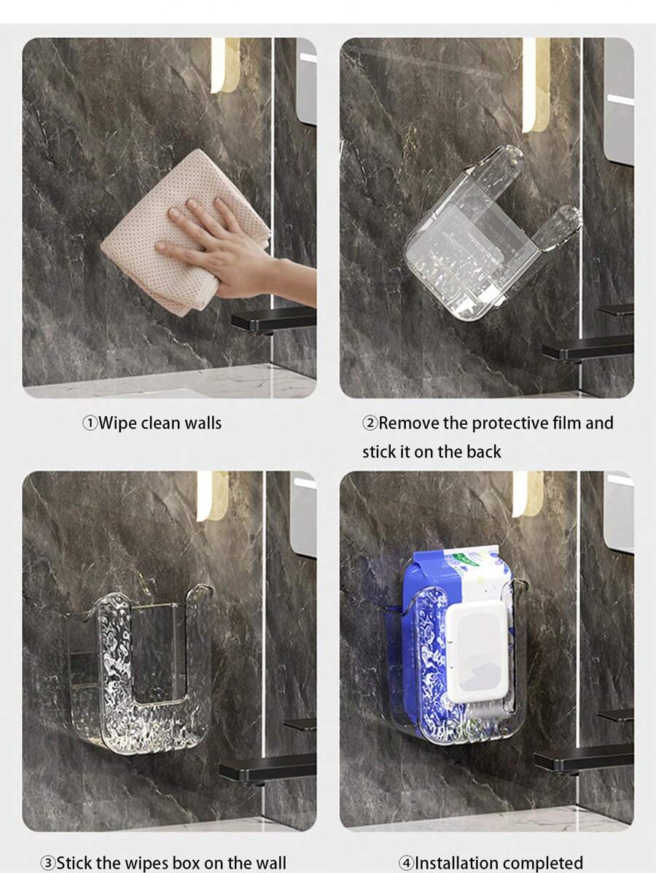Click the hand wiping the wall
[x=219, y=244]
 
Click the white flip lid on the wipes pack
[x=477, y=641]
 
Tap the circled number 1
[x=89, y=423]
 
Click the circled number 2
[x=370, y=423]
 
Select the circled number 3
[x=47, y=864]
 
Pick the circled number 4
[x=406, y=864]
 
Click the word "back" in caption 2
[x=484, y=452]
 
